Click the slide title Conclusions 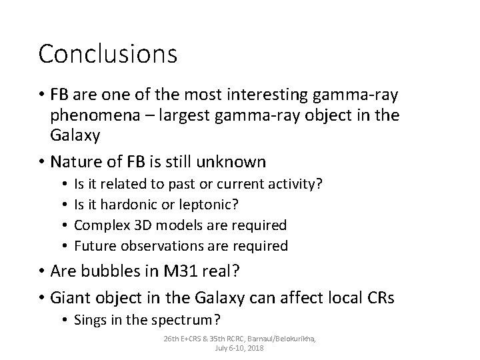[108, 54]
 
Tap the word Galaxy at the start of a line [75, 137]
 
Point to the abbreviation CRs [380, 299]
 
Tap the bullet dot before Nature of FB [42, 162]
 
